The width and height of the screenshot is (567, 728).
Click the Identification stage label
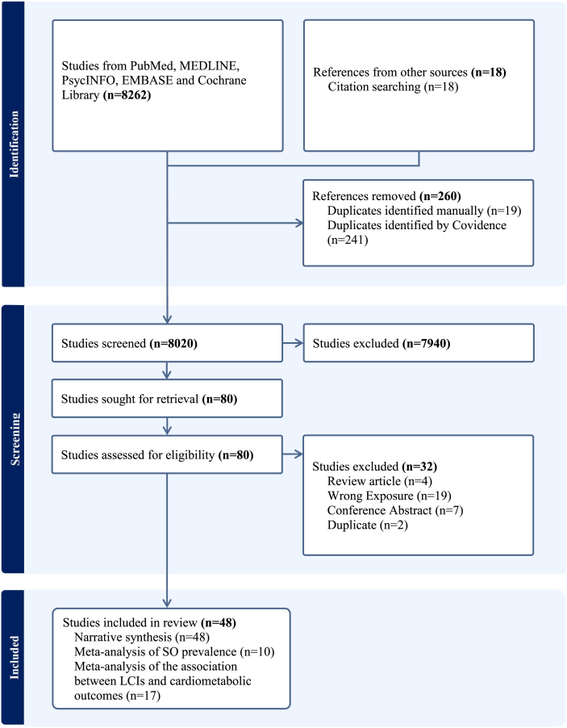coord(13,144)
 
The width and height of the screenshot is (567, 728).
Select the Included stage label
coord(13,655)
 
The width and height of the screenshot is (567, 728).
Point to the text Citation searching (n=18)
coord(393,86)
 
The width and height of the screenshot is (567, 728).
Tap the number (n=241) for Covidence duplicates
coord(348,240)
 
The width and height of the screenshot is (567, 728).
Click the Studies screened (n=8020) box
coord(167,343)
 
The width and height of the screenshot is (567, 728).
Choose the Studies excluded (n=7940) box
coord(419,343)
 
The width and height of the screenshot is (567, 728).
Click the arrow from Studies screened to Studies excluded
coord(292,343)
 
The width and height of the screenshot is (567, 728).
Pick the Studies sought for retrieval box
coord(167,399)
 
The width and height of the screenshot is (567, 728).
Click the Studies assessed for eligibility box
coord(167,455)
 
